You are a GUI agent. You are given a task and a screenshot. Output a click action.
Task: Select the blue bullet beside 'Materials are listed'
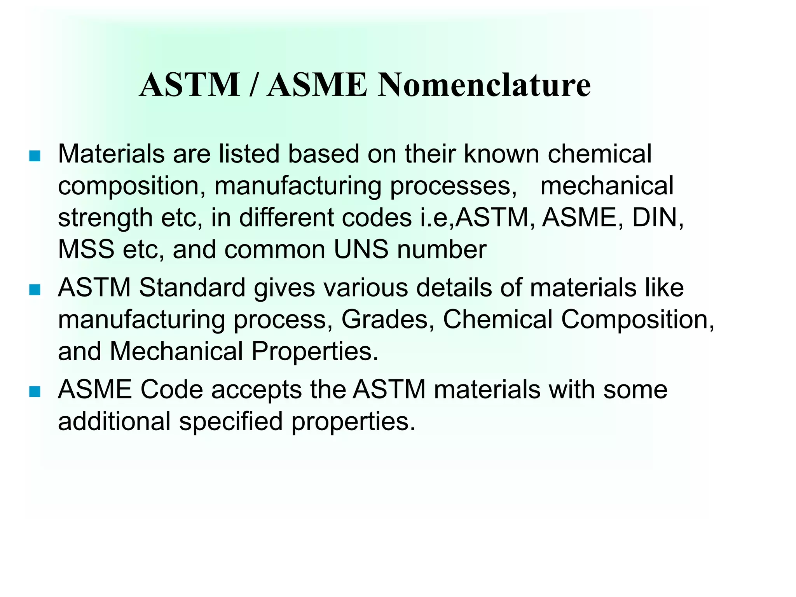(x=35, y=156)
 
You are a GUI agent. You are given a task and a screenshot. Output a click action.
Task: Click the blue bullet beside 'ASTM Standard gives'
(x=35, y=290)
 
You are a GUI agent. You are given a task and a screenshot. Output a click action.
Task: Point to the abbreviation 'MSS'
(x=86, y=250)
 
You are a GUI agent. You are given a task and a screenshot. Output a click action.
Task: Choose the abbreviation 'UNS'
(x=361, y=250)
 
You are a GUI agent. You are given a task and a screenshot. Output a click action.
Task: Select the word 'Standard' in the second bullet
(x=192, y=288)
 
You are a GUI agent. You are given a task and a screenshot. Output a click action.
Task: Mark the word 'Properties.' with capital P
(x=315, y=352)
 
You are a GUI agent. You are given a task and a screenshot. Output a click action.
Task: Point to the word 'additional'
(x=114, y=422)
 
